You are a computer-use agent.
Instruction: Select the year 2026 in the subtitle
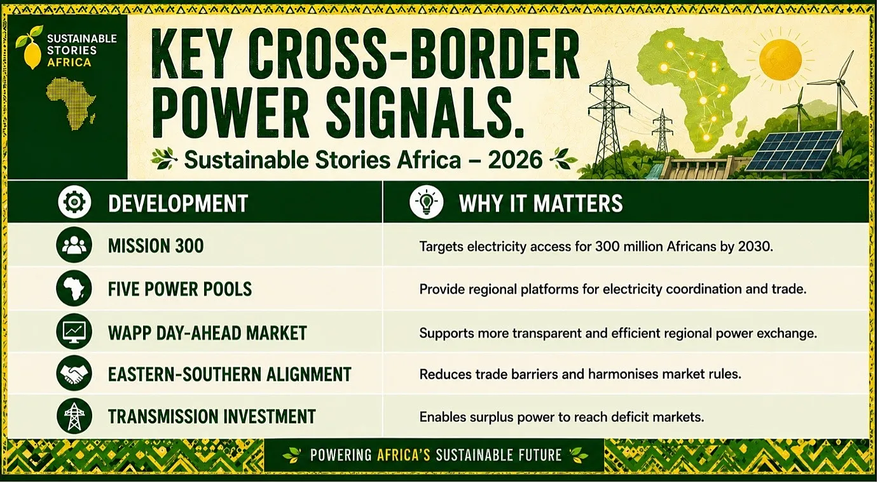[515, 160]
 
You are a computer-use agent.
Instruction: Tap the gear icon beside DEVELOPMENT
[74, 202]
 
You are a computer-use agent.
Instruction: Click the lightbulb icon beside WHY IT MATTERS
[426, 202]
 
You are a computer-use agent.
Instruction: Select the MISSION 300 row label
[156, 246]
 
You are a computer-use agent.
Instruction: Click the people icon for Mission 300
[74, 245]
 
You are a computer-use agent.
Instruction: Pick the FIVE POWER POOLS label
[180, 289]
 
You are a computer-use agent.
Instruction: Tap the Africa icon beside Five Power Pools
[74, 289]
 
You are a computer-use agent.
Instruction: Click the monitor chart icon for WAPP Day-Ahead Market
[74, 332]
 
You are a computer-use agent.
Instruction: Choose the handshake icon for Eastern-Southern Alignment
[74, 373]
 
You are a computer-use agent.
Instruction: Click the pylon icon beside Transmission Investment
[74, 416]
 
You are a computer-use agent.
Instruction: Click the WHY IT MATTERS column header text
[540, 203]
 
